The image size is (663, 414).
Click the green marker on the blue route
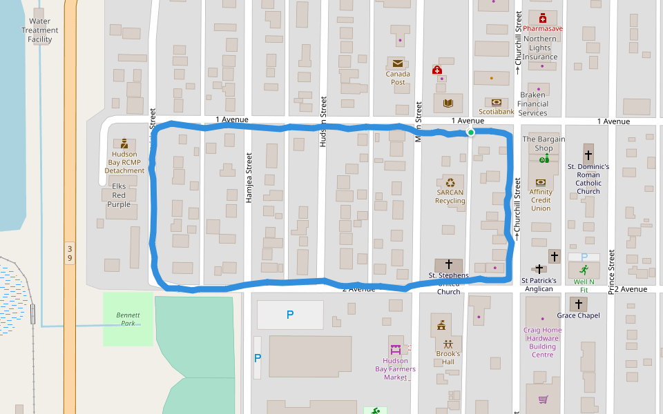(470, 132)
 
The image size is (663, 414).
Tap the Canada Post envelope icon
(397, 63)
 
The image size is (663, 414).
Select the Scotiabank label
(497, 111)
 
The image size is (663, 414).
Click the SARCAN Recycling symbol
(450, 183)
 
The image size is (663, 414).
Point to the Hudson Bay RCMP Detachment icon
(124, 144)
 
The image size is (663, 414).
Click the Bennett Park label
(128, 319)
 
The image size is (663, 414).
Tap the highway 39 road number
(70, 253)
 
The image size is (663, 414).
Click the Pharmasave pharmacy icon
(543, 18)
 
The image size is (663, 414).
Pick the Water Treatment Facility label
(40, 30)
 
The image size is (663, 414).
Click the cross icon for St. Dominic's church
(588, 155)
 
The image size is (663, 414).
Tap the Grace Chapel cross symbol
(579, 304)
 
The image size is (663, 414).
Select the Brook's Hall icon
(448, 343)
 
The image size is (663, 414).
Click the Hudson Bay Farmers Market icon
(396, 349)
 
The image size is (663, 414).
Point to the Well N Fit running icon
(584, 270)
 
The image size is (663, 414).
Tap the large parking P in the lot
(290, 315)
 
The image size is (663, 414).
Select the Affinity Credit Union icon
(541, 182)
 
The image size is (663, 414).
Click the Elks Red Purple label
(119, 195)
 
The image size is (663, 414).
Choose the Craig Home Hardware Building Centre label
(542, 342)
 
